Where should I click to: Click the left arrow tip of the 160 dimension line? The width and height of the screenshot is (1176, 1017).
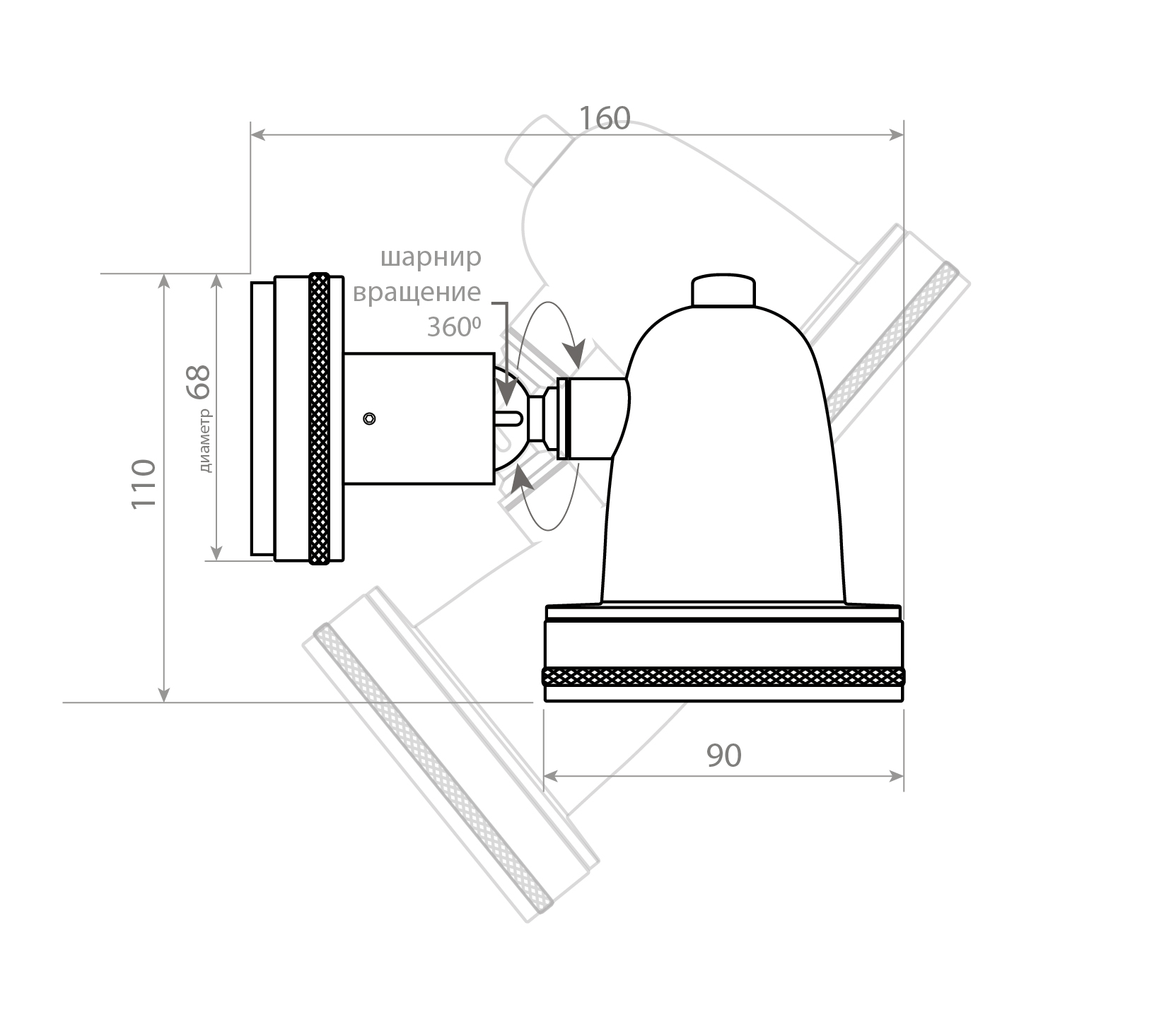[252, 134]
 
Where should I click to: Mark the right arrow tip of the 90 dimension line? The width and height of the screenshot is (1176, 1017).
[904, 776]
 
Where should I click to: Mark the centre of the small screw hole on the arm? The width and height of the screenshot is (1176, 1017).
[368, 418]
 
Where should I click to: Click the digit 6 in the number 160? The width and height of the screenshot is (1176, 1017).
[605, 119]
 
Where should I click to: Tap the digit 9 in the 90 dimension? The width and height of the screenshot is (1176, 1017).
[715, 756]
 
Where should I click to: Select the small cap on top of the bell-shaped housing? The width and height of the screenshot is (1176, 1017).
[723, 290]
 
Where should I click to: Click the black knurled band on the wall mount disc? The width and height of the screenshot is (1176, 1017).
[320, 418]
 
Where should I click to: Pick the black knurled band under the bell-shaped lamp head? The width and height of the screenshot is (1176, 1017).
[723, 676]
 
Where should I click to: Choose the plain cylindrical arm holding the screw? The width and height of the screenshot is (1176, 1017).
[419, 418]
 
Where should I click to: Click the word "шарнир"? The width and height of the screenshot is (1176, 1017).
[431, 258]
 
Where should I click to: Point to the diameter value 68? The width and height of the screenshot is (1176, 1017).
[199, 382]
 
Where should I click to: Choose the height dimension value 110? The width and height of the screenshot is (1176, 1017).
[144, 483]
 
